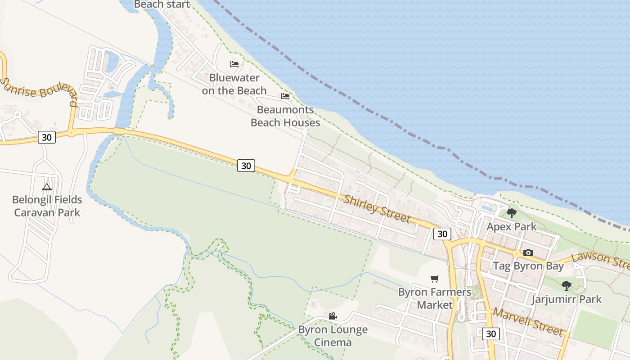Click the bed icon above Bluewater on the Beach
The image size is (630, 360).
[234, 64]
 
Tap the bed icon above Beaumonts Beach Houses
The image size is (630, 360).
[285, 96]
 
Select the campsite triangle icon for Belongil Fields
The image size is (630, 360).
[47, 187]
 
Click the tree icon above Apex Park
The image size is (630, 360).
[511, 213]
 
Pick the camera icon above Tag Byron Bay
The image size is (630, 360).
[528, 252]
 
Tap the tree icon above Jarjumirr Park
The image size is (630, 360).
[567, 285]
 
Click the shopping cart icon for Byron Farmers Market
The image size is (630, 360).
[435, 279]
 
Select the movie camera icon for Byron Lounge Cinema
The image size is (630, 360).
[333, 316]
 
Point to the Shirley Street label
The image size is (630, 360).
[377, 208]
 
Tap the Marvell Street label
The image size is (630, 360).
[527, 321]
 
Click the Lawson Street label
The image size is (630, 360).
[600, 260]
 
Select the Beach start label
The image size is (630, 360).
[162, 4]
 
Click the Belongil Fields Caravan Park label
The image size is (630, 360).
[47, 206]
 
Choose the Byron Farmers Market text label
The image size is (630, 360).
[435, 298]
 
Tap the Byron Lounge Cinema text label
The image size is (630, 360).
[333, 336]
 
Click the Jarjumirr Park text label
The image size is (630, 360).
[567, 299]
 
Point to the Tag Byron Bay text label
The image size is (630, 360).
[528, 266]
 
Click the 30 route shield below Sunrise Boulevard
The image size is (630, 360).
[47, 137]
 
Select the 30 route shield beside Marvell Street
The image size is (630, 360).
[491, 334]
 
